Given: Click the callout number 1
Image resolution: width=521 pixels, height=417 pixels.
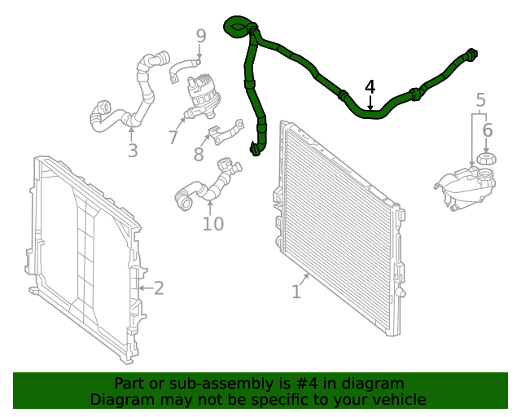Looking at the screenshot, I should [x=296, y=291].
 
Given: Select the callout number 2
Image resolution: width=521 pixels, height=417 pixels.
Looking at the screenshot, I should [x=159, y=288].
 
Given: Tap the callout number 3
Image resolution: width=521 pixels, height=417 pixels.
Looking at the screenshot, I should [x=133, y=151].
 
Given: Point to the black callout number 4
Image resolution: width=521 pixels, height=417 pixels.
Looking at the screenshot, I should [x=370, y=86].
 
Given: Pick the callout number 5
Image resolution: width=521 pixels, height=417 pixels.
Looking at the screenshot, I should [x=481, y=100].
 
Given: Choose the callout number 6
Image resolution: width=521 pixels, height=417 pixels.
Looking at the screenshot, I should [x=487, y=130].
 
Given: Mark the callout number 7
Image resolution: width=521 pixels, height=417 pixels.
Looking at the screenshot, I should [x=173, y=138].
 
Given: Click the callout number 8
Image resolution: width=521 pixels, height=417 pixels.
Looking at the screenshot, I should [x=199, y=154].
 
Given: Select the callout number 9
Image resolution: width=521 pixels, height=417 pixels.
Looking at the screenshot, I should [x=201, y=36].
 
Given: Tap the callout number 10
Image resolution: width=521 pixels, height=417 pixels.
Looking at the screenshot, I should [x=212, y=222].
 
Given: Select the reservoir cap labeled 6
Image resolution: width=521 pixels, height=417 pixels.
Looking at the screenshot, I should [x=486, y=158].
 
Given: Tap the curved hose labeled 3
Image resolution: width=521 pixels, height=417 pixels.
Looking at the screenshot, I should [x=138, y=94].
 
